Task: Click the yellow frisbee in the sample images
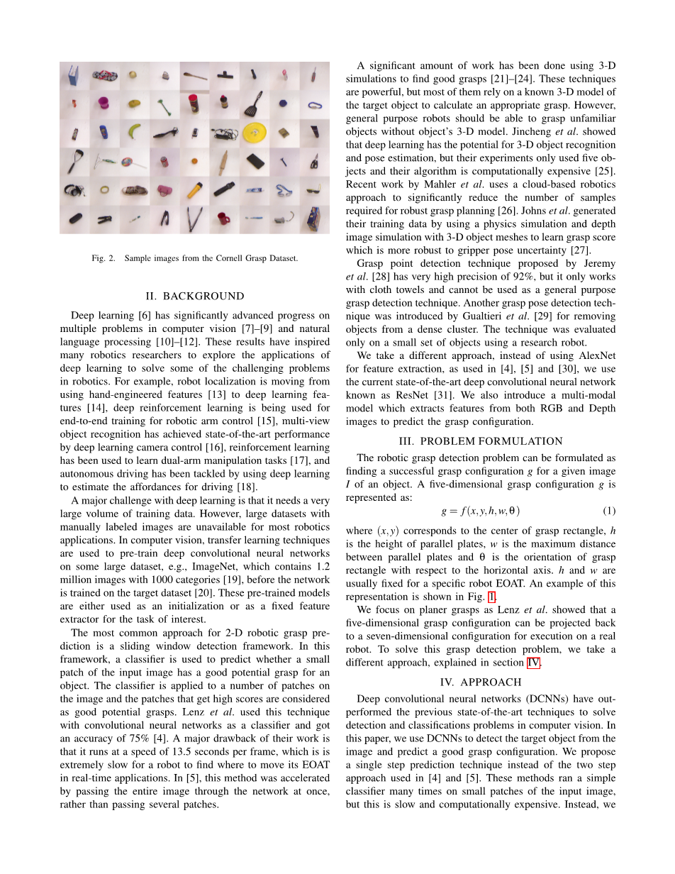tap(254, 132)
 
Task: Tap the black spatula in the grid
tap(254, 104)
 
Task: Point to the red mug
tap(224, 217)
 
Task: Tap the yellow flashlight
tap(195, 190)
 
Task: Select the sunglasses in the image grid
tap(313, 190)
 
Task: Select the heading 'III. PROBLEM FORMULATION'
tap(481, 441)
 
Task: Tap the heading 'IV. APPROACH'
tap(481, 682)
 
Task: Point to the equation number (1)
tap(609, 511)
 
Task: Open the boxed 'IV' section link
tap(533, 663)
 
